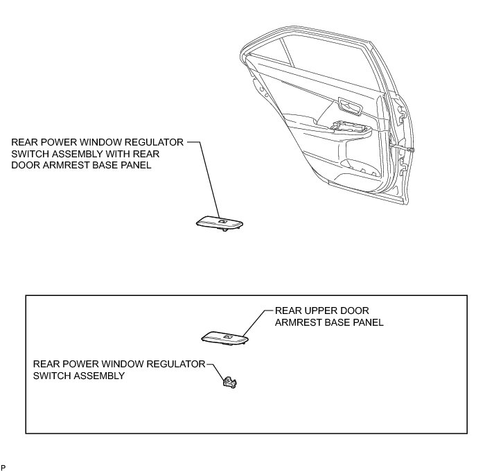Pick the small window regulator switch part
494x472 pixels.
(x=228, y=381)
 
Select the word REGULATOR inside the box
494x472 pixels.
(x=169, y=364)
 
